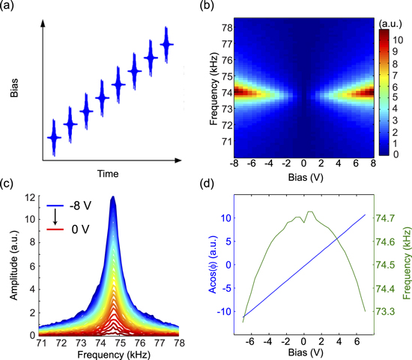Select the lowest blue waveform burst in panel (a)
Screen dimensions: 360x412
tap(53, 138)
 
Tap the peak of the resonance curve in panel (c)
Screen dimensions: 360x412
tap(112, 198)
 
